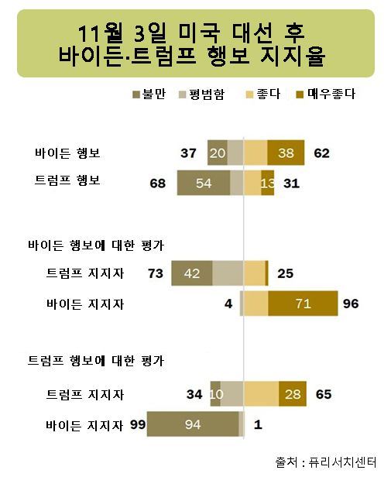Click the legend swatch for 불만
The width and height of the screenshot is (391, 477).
pos(136,94)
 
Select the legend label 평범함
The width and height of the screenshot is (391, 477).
pos(207,94)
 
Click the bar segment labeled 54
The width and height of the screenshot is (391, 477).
pos(204,184)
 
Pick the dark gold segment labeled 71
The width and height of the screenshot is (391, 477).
pos(303,304)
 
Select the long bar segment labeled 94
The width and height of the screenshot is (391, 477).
pos(193,424)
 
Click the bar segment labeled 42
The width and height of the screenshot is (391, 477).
pos(191,273)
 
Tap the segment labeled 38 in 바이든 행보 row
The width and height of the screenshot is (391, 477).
pos(286,153)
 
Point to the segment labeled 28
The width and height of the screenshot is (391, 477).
pos(292,394)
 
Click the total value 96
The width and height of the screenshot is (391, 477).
pos(351,304)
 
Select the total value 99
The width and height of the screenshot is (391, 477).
pos(138,424)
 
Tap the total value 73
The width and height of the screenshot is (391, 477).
pos(156,273)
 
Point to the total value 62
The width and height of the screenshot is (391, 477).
pos(322,153)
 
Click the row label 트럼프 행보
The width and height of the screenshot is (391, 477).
pos(67,180)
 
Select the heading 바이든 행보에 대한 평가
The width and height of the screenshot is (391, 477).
pos(95,245)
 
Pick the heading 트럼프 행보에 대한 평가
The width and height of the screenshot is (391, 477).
pos(95,361)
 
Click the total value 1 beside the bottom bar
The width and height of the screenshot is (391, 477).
pos(257,424)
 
